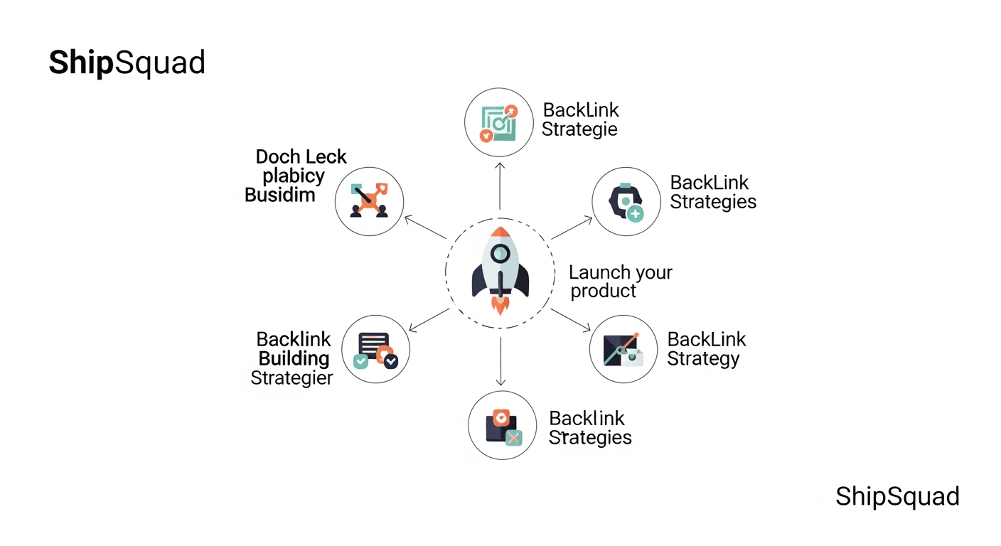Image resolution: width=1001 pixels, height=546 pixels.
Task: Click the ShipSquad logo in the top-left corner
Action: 127,63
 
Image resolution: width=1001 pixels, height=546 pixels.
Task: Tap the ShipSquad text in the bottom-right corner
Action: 897,496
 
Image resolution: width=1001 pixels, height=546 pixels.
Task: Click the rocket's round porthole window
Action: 500,252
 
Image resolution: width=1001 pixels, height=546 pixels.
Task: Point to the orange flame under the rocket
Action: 500,305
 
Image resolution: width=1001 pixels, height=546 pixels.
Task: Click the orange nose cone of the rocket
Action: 500,233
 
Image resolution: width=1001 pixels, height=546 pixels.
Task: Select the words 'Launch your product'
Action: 620,282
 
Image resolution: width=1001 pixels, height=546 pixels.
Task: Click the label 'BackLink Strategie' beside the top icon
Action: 580,119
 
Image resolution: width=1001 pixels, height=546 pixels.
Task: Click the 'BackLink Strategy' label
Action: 706,349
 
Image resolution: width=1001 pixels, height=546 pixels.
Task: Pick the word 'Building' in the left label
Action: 294,358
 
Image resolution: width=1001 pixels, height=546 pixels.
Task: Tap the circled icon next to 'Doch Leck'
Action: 369,201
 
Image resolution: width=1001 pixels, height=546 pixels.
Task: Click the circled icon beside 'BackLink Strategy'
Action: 623,349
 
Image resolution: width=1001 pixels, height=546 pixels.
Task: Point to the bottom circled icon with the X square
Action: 502,426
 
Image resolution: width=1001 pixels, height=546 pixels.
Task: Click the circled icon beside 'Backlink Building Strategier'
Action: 375,350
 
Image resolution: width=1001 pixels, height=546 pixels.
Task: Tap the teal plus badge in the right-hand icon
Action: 635,213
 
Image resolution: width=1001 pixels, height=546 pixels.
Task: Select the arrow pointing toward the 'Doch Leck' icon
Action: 425,227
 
